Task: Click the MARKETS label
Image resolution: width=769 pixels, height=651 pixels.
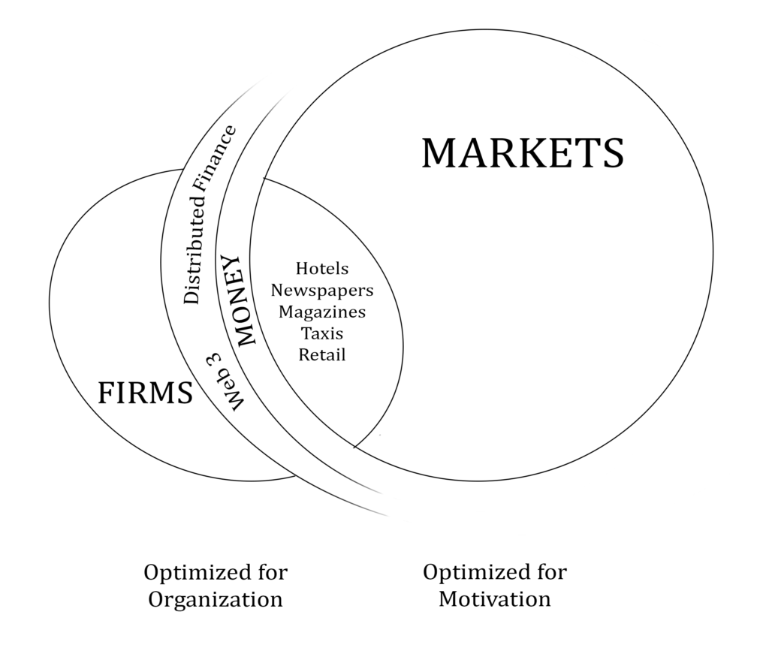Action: coord(522,152)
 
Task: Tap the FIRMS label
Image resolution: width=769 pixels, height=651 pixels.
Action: coord(146,391)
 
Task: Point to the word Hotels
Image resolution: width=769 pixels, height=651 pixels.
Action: coord(322,268)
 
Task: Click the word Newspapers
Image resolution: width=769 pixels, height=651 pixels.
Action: coord(322,290)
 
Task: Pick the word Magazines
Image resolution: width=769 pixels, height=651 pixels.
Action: coord(322,312)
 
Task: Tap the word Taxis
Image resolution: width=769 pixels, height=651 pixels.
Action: coord(322,333)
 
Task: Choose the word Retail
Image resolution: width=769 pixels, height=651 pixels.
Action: coord(322,354)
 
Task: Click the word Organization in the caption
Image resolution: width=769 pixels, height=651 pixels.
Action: coord(216,599)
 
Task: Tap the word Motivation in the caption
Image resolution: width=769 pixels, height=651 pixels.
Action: coord(495,599)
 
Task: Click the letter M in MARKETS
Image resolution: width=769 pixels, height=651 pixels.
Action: coord(438,152)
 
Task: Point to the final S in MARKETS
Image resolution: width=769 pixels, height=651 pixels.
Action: coord(612,152)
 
